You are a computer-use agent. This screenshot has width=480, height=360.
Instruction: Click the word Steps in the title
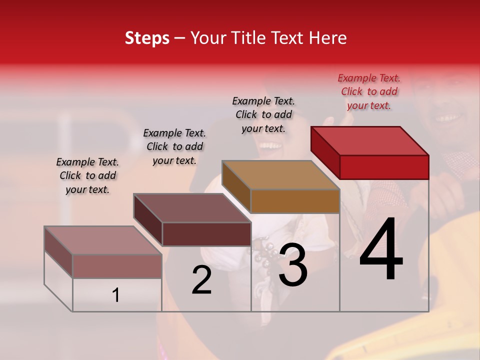tap(147, 38)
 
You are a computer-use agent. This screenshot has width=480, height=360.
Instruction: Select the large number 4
tap(381, 250)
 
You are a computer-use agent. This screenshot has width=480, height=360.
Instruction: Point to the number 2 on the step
tap(201, 280)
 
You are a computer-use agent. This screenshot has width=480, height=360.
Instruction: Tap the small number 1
tap(116, 295)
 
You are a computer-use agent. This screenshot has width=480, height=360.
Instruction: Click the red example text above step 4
tap(369, 91)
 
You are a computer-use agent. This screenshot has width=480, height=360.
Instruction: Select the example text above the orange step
tap(263, 114)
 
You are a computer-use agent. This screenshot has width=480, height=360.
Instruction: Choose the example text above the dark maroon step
tap(174, 146)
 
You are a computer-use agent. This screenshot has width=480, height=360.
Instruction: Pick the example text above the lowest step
tap(87, 175)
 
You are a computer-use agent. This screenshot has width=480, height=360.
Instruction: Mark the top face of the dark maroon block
tap(192, 208)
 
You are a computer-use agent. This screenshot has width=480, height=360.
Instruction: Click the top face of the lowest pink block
tap(103, 240)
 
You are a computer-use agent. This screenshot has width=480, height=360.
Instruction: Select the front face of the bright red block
tap(384, 167)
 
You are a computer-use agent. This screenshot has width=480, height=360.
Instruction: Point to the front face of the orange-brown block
tap(295, 201)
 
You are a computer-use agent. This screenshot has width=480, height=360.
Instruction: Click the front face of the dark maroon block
tap(206, 234)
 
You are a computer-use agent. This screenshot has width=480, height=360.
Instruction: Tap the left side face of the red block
tap(325, 152)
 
